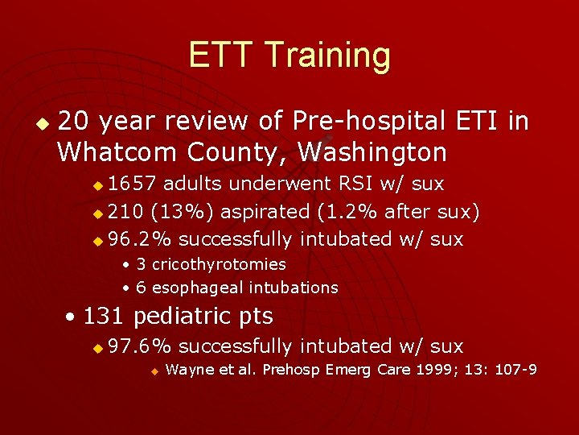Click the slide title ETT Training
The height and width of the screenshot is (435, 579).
(x=289, y=56)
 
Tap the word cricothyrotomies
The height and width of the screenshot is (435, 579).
(x=219, y=264)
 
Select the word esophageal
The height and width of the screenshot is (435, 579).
(x=198, y=288)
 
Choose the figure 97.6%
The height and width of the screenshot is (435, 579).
(x=140, y=346)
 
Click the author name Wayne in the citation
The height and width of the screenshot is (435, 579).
(x=186, y=370)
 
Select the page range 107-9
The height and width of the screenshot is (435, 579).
(x=514, y=370)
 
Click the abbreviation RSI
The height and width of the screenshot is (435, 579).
(x=359, y=184)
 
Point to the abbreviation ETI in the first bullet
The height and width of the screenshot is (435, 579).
(x=478, y=121)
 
